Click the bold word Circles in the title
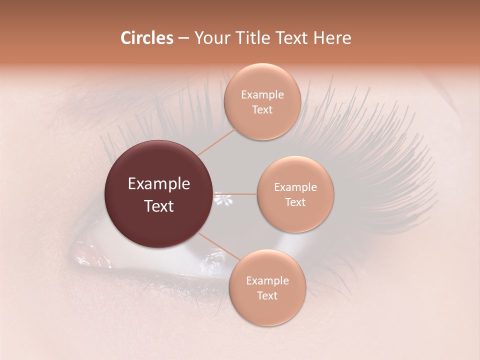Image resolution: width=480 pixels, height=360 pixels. tap(147, 38)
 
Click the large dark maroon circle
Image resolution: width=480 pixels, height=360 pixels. tap(158, 194)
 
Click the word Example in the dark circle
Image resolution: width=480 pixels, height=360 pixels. tap(158, 184)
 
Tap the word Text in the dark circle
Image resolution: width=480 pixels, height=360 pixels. tap(158, 206)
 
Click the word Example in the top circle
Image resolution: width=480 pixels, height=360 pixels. tap(262, 95)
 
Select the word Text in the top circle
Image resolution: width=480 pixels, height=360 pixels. tap(262, 110)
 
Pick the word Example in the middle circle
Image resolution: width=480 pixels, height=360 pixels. tap(295, 187)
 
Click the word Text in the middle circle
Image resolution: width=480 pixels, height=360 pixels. tap(295, 202)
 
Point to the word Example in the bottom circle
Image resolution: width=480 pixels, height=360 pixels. tap(267, 281)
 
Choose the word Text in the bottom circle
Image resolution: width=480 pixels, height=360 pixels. tap(267, 296)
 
